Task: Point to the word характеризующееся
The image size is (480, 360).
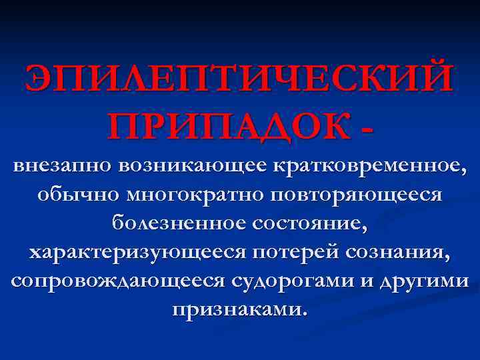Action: point(133,253)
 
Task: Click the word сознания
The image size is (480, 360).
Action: point(393,253)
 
